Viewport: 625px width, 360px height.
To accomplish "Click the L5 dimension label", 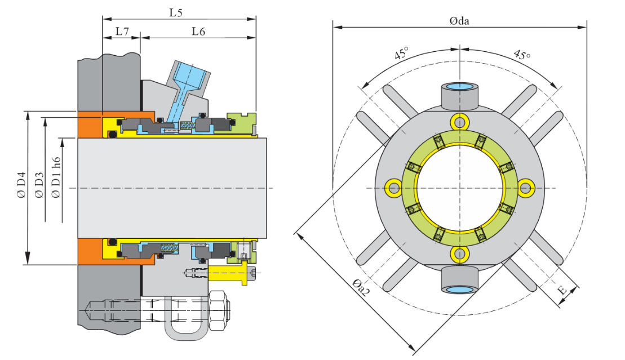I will tap(176, 11).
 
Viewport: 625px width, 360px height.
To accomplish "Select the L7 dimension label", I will tap(122, 32).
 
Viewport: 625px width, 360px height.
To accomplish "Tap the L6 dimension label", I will tap(197, 32).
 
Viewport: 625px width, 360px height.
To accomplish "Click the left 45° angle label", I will tap(401, 55).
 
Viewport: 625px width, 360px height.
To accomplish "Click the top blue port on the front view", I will tap(460, 87).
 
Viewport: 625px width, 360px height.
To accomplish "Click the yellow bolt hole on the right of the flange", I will tap(527, 188).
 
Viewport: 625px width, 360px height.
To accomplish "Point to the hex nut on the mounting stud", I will tap(219, 312).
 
